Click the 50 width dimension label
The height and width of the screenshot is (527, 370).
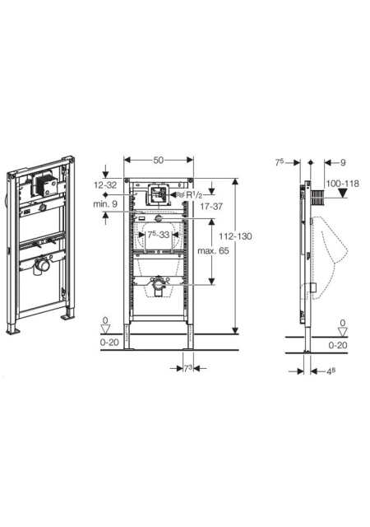[x=158, y=160]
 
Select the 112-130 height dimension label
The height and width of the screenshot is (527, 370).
[x=235, y=236]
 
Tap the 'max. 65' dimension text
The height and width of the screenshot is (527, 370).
[x=213, y=250]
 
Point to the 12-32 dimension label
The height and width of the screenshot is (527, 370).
[x=105, y=184]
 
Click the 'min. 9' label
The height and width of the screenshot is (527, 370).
[x=105, y=203]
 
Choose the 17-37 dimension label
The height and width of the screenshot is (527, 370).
[x=211, y=207]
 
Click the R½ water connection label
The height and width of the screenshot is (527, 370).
[x=194, y=195]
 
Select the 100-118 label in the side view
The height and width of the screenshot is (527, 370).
[x=343, y=184]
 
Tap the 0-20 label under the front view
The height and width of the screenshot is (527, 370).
[x=109, y=343]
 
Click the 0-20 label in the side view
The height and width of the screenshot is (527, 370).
[x=338, y=345]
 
